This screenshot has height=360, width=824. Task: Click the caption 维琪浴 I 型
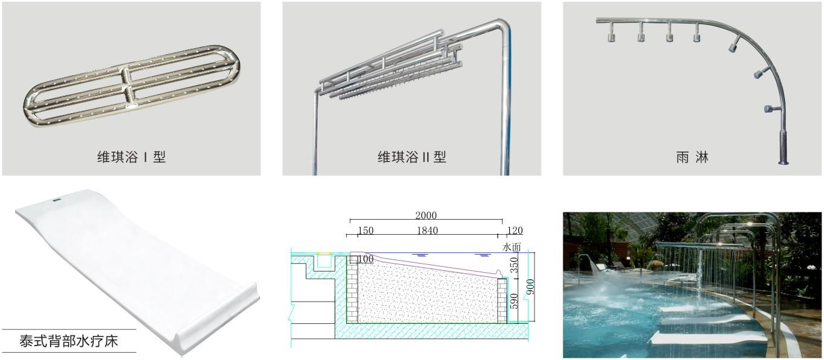pyautogui.click(x=131, y=157)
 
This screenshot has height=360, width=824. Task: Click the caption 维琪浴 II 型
pyautogui.click(x=412, y=157)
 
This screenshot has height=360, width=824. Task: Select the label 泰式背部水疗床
pyautogui.click(x=69, y=341)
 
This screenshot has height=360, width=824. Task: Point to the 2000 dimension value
pyautogui.click(x=426, y=216)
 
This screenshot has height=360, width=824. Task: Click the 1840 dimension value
pyautogui.click(x=427, y=231)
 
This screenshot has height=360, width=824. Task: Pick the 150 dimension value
pyautogui.click(x=365, y=231)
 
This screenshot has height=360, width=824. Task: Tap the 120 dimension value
pyautogui.click(x=515, y=231)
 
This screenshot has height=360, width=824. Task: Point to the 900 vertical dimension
pyautogui.click(x=530, y=287)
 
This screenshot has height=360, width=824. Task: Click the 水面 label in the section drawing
pyautogui.click(x=512, y=247)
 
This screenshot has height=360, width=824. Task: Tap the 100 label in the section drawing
pyautogui.click(x=365, y=259)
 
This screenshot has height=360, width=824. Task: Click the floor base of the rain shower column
pyautogui.click(x=783, y=163)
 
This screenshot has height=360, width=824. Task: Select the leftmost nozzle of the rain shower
pyautogui.click(x=611, y=37)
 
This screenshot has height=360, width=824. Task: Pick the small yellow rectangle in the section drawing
pyautogui.click(x=324, y=253)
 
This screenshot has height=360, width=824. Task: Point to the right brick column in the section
pyautogui.click(x=502, y=300)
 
